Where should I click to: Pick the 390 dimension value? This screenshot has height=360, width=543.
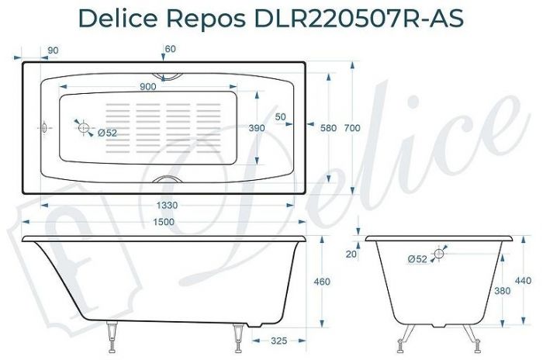pos(256,128)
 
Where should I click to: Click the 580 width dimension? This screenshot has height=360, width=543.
pos(328,128)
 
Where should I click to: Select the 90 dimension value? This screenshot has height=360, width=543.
pos(54,51)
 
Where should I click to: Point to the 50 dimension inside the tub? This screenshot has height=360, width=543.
pos(280,117)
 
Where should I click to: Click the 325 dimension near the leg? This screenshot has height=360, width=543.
pos(281,341)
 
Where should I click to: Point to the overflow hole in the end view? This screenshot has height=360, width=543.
pos(439,254)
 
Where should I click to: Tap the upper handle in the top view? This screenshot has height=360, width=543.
pos(168,76)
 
